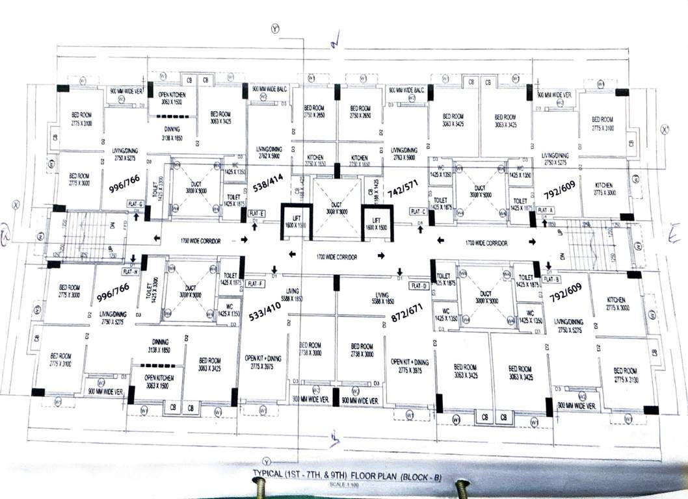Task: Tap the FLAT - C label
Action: (419, 212)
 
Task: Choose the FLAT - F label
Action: (256, 283)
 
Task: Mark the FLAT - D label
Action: (417, 285)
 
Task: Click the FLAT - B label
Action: (552, 279)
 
